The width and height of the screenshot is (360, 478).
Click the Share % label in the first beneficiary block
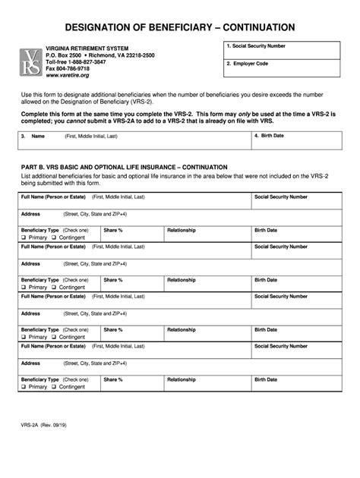tap(113, 230)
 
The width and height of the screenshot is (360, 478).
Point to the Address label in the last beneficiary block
tap(30, 362)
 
